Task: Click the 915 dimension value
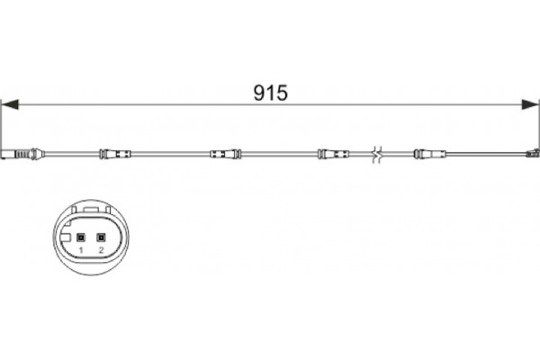click(270, 93)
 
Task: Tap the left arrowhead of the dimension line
click(10, 104)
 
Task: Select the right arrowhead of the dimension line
click(530, 104)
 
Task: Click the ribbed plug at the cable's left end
click(22, 154)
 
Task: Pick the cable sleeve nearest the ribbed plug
click(115, 154)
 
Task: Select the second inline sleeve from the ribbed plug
click(225, 154)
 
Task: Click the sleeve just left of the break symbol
click(333, 154)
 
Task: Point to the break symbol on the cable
click(377, 154)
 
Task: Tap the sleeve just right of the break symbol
click(430, 154)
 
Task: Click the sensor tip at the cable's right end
click(532, 153)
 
